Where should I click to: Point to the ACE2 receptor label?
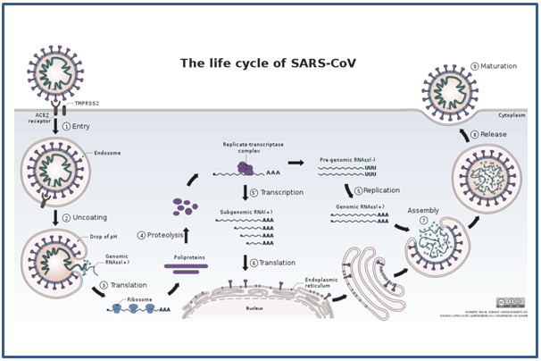point(37,120)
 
